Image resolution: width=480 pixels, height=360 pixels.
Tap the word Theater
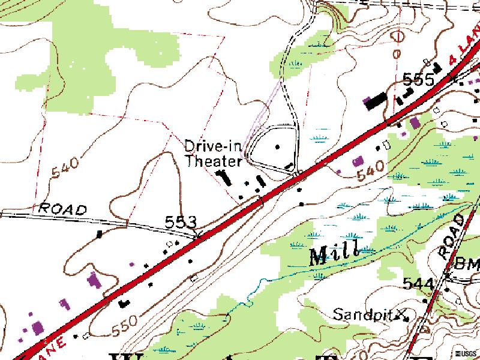(x=213, y=160)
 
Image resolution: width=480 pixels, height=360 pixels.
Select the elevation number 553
(x=181, y=223)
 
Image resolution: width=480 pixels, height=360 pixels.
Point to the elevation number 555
(x=419, y=79)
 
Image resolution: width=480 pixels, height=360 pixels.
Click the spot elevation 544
(x=418, y=283)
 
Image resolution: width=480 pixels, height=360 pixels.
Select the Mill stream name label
(x=334, y=253)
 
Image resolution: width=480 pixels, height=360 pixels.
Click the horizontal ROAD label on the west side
(x=63, y=209)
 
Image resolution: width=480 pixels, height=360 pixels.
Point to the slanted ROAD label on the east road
(x=454, y=236)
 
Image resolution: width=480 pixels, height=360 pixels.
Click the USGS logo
(x=466, y=352)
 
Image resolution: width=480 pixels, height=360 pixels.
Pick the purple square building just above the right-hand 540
(x=358, y=161)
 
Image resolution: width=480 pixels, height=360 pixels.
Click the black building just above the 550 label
(x=125, y=303)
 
